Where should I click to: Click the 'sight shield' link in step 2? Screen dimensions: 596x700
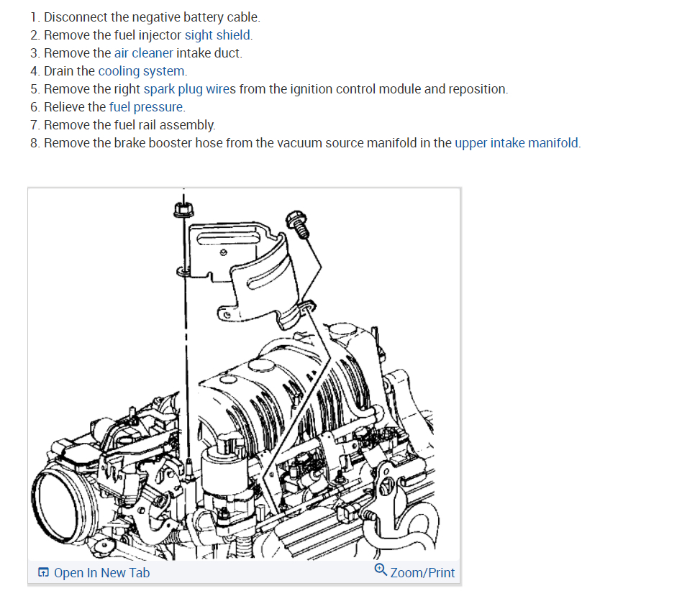coord(218,35)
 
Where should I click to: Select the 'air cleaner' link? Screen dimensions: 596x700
coord(143,53)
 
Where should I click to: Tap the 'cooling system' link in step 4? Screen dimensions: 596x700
coord(141,71)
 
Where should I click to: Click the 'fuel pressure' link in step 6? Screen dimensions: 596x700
coord(146,107)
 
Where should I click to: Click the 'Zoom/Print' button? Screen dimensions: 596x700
coord(422,572)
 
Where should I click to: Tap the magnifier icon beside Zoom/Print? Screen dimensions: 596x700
coord(381,570)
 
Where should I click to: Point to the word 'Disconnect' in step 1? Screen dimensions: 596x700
coord(76,17)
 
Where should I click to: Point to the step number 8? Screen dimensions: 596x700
coord(35,143)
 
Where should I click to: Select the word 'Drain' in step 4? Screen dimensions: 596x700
coord(59,71)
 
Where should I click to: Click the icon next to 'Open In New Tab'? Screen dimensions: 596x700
coord(44,573)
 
